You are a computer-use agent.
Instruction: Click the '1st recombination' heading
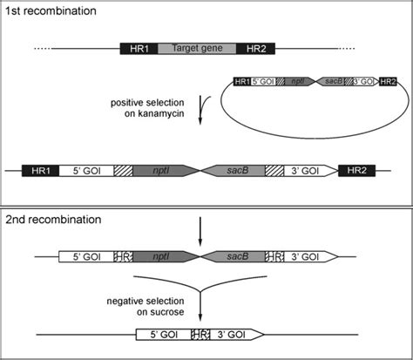click(51, 11)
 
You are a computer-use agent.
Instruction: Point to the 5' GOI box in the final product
click(164, 334)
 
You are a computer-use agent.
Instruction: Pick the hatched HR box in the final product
click(200, 334)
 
